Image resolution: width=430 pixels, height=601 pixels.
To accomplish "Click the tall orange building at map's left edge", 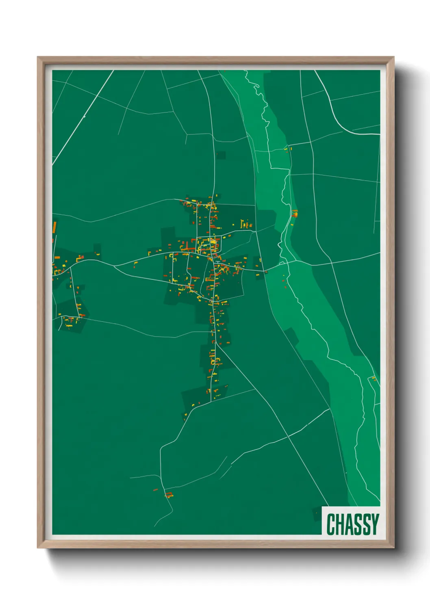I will tap(54, 227).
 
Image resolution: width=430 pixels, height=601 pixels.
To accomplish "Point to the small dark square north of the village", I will tap(220, 155).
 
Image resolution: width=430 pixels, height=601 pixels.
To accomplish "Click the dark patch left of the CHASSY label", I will tap(317, 513).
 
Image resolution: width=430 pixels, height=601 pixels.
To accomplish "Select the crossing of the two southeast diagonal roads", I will tap(288, 437).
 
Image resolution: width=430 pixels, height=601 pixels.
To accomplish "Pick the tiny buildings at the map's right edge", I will tap(374, 379).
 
